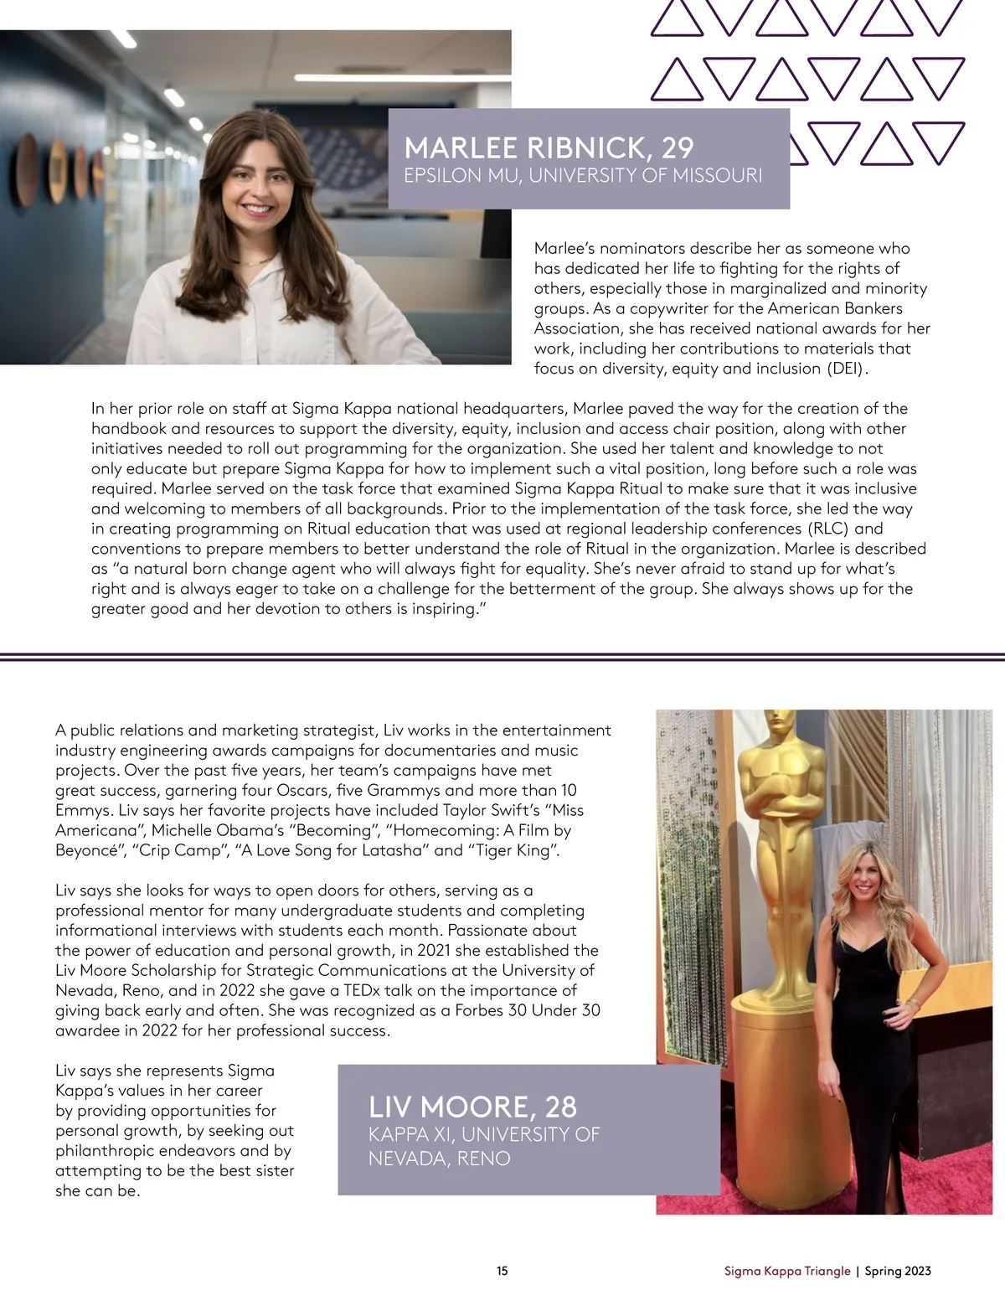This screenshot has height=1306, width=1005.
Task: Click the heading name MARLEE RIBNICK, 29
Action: pyautogui.click(x=549, y=148)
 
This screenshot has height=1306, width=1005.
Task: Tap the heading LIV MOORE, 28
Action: pyautogui.click(x=472, y=1107)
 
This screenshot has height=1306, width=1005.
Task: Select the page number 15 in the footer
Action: pyautogui.click(x=502, y=1271)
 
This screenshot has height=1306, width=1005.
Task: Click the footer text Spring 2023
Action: pyautogui.click(x=898, y=1271)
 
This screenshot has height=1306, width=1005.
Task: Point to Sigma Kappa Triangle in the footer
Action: pyautogui.click(x=787, y=1271)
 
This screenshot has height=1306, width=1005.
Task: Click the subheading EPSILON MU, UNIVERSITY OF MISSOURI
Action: pyautogui.click(x=583, y=176)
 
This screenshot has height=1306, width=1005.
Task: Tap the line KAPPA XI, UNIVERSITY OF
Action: pyautogui.click(x=484, y=1134)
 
